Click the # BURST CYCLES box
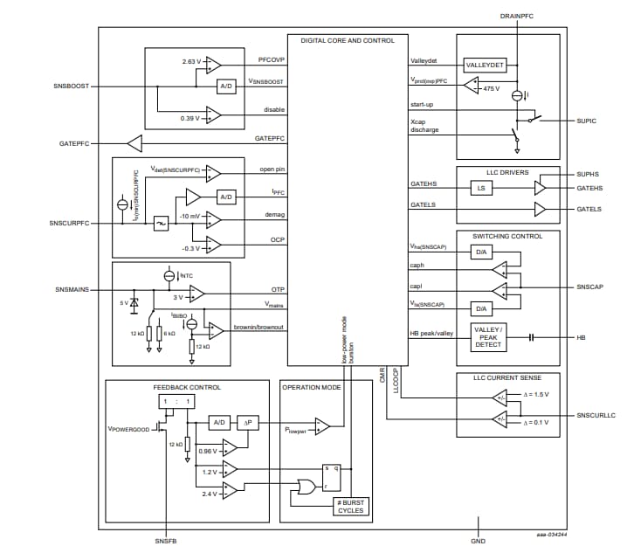pyautogui.click(x=351, y=507)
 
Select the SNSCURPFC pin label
pyautogui.click(x=68, y=224)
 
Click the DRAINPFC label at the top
pyautogui.click(x=518, y=17)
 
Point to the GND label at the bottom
pyautogui.click(x=478, y=542)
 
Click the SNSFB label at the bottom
pyautogui.click(x=166, y=542)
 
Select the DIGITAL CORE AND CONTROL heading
pyautogui.click(x=348, y=40)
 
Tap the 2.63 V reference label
pyautogui.click(x=191, y=62)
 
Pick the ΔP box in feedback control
pyautogui.click(x=249, y=423)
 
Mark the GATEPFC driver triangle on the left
pyautogui.click(x=134, y=142)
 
